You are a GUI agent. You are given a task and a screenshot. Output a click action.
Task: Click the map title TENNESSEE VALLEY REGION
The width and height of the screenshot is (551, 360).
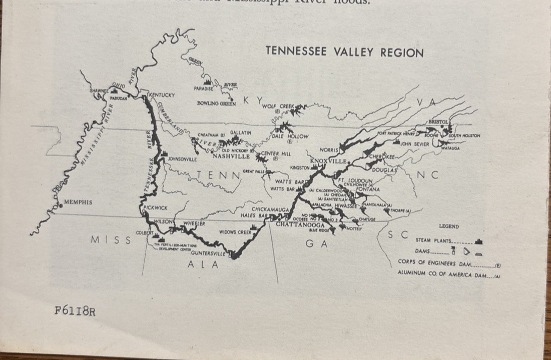(344, 52)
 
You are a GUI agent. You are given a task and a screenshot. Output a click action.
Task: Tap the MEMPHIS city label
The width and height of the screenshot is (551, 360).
(78, 202)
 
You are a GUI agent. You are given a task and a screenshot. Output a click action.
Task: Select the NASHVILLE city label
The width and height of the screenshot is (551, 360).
(231, 157)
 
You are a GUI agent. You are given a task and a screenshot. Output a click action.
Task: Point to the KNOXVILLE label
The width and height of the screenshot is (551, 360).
(328, 161)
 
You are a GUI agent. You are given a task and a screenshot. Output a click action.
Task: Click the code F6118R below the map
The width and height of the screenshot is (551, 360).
(75, 311)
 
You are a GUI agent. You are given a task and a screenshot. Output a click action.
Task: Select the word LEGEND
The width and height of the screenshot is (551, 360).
(449, 227)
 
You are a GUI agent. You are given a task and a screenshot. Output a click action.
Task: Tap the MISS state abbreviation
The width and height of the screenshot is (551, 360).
(111, 240)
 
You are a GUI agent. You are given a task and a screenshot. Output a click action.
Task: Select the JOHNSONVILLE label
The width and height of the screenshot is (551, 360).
(182, 159)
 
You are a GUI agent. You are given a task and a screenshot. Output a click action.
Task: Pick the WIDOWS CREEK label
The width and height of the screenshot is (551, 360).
(235, 232)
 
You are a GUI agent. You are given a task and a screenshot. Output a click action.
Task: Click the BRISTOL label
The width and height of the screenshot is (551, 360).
(438, 122)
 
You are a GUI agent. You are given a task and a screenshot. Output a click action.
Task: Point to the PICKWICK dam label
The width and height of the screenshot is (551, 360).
(155, 208)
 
